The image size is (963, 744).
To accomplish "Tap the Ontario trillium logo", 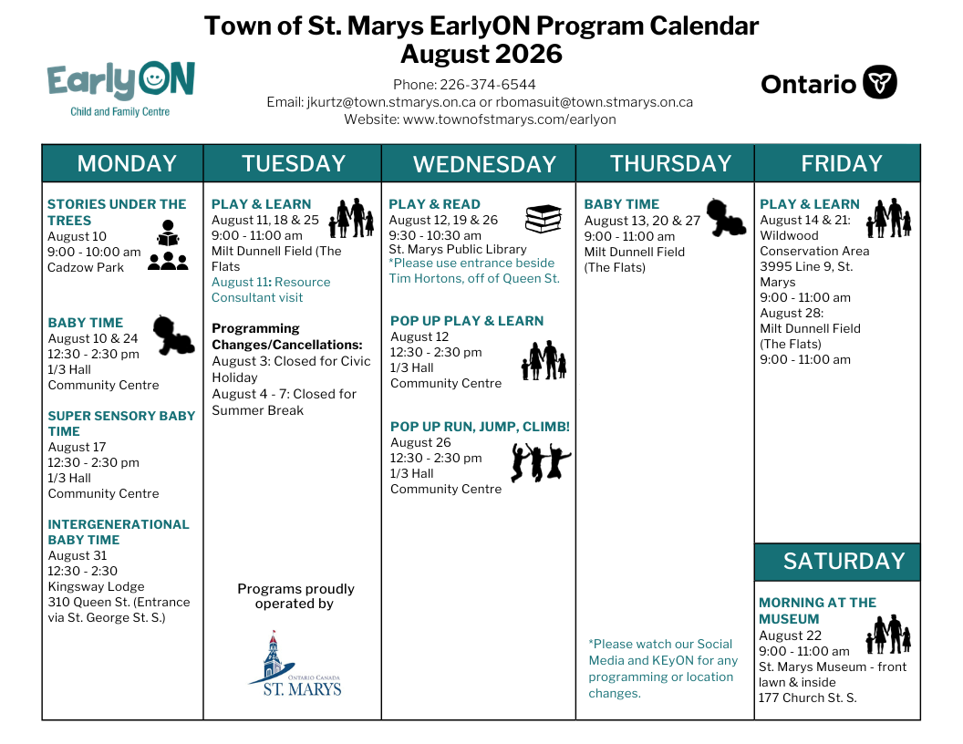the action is pyautogui.click(x=879, y=82).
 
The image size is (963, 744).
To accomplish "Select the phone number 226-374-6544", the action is pyautogui.click(x=488, y=85).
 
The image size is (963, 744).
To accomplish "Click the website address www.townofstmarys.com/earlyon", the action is pyautogui.click(x=509, y=119).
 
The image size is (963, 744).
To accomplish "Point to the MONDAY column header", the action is pyautogui.click(x=127, y=164).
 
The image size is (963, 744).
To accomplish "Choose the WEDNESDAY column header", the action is pyautogui.click(x=484, y=164).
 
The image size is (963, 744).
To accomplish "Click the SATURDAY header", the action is pyautogui.click(x=844, y=561).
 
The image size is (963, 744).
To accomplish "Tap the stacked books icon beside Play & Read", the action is pyautogui.click(x=544, y=219).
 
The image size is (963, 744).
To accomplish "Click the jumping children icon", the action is pyautogui.click(x=541, y=462).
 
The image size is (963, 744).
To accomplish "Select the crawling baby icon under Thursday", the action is pyautogui.click(x=726, y=217).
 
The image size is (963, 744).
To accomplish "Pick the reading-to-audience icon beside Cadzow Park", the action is pyautogui.click(x=168, y=245).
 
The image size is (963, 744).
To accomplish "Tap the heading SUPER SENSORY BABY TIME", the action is pyautogui.click(x=121, y=424).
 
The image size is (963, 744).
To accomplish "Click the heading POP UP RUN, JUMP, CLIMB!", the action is pyautogui.click(x=480, y=427).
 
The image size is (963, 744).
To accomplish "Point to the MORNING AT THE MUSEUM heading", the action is pyautogui.click(x=817, y=611).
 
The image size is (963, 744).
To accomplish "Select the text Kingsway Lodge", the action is pyautogui.click(x=97, y=586).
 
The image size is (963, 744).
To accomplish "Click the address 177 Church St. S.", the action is pyautogui.click(x=807, y=698).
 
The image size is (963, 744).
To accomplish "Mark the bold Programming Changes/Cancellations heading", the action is pyautogui.click(x=287, y=336).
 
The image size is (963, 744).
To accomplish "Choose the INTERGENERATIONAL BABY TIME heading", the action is pyautogui.click(x=119, y=532).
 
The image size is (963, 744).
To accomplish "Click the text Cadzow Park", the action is pyautogui.click(x=86, y=268).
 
